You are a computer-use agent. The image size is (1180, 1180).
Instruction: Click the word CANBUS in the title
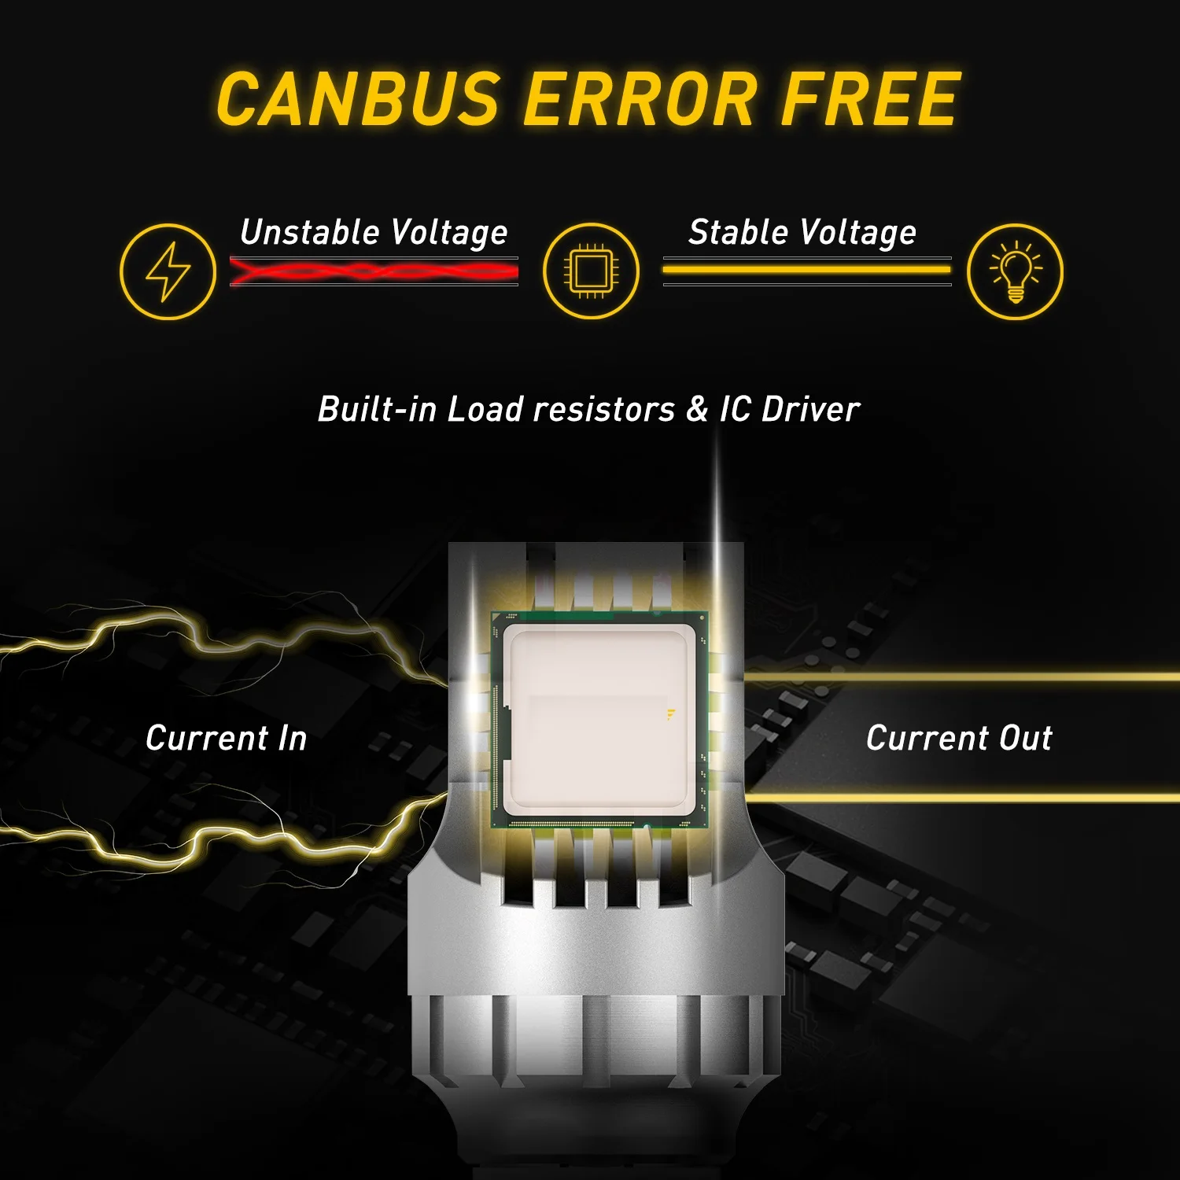tap(359, 100)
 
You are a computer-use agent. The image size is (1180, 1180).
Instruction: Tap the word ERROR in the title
tap(640, 100)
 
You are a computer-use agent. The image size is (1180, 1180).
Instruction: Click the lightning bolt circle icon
tap(168, 271)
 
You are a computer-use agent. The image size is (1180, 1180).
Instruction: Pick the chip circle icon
tap(591, 271)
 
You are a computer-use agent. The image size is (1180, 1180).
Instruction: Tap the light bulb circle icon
tap(1015, 271)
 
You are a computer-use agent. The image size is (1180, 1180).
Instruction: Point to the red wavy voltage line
tap(374, 272)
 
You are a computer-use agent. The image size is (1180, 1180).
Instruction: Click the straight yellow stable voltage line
tap(806, 270)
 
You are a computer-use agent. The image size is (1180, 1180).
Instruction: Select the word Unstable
tap(310, 232)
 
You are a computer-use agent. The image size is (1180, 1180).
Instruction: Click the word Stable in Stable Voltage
tap(738, 232)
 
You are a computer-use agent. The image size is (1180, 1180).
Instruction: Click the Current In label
tap(227, 738)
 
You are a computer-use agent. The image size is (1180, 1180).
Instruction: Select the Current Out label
tap(959, 738)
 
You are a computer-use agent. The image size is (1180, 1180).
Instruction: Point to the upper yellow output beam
tap(960, 677)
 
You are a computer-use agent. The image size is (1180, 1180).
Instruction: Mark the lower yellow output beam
tap(960, 798)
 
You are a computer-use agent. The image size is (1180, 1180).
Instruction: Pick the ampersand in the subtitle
tap(697, 409)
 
